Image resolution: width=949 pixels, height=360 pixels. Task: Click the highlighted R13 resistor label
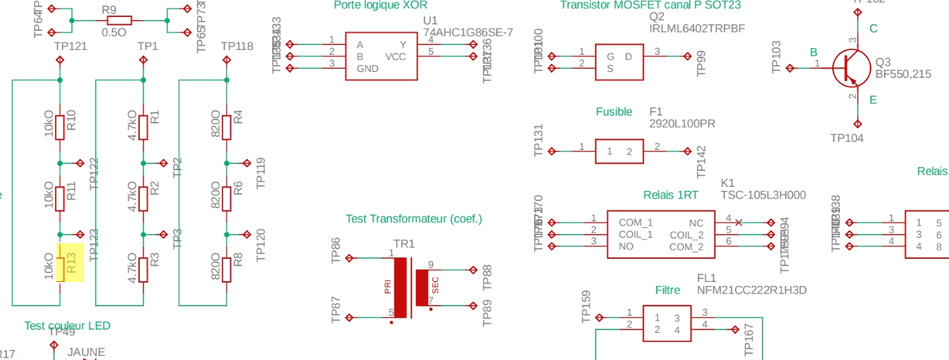pos(71,263)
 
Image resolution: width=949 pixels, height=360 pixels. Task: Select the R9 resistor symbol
pos(119,20)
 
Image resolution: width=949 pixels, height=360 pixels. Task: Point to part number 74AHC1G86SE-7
pos(468,32)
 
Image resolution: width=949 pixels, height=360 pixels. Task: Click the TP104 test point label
pos(847,138)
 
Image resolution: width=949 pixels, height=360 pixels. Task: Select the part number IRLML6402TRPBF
pos(697,29)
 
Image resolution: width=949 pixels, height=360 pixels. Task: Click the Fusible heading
pos(614,112)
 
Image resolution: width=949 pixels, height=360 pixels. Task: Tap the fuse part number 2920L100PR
pos(682,124)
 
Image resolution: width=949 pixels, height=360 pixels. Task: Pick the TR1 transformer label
pos(403,244)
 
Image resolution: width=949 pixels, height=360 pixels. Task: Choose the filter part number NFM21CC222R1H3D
pos(751,290)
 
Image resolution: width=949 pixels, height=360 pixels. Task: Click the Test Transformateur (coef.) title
pos(413,219)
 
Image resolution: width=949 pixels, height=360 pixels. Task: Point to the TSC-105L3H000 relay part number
pos(763,195)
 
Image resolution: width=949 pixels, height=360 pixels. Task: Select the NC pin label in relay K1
pos(696,222)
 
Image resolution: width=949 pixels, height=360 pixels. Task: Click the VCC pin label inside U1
pos(395,57)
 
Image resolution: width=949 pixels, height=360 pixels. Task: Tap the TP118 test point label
pos(236,46)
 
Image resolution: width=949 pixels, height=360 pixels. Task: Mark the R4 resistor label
pos(238,117)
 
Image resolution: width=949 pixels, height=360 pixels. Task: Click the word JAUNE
pos(87,352)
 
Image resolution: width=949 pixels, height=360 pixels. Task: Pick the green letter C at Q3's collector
pos(873,29)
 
